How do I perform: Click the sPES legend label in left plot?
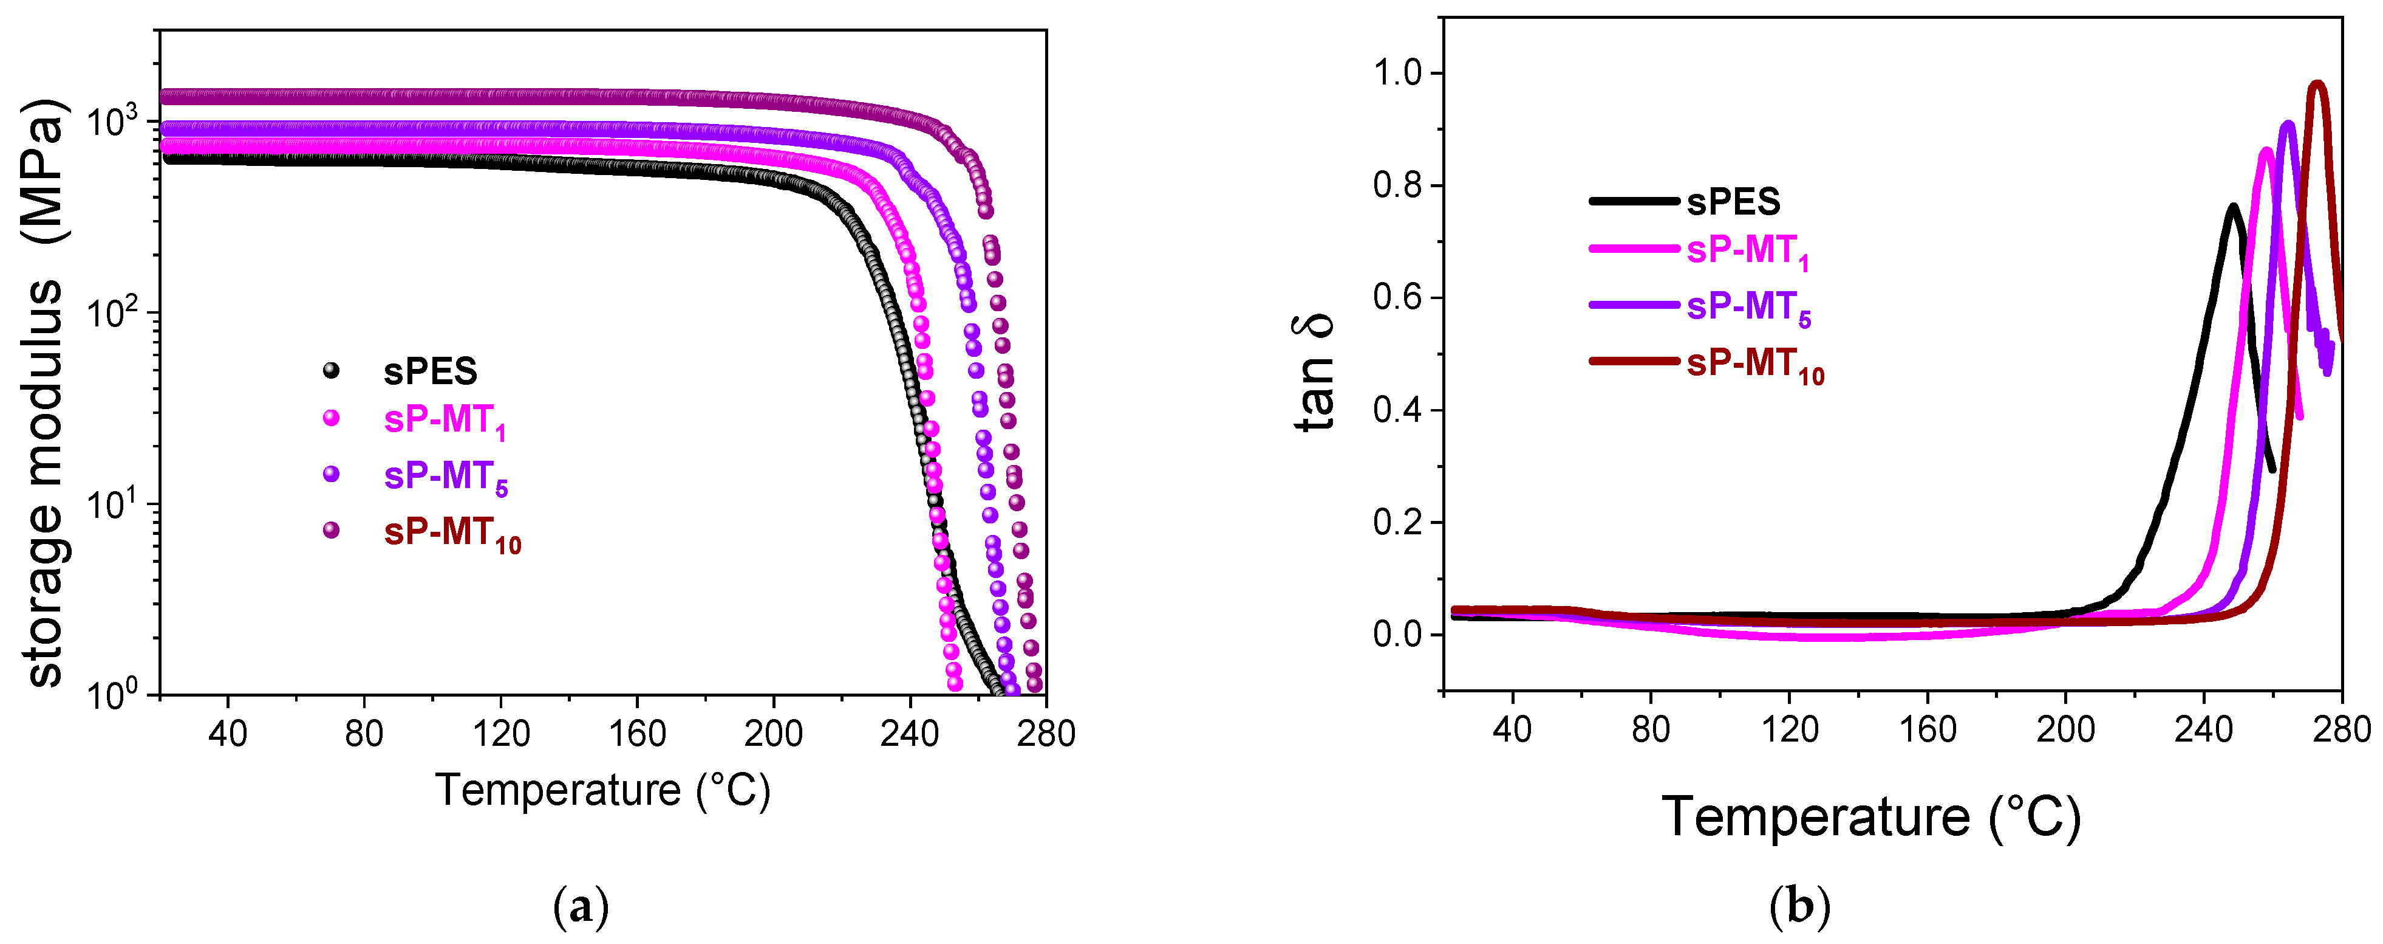point(430,371)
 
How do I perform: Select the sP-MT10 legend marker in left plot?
point(330,530)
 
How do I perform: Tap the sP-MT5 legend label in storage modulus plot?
point(446,477)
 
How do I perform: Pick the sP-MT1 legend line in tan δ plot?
point(1634,249)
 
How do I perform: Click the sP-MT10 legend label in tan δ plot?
point(1755,363)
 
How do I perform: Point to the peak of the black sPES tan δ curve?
point(2232,207)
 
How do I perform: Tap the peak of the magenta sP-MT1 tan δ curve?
point(2266,151)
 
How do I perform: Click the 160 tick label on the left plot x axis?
point(636,734)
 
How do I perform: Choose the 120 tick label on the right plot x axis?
point(1789,729)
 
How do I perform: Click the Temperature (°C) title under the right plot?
point(1870,817)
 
